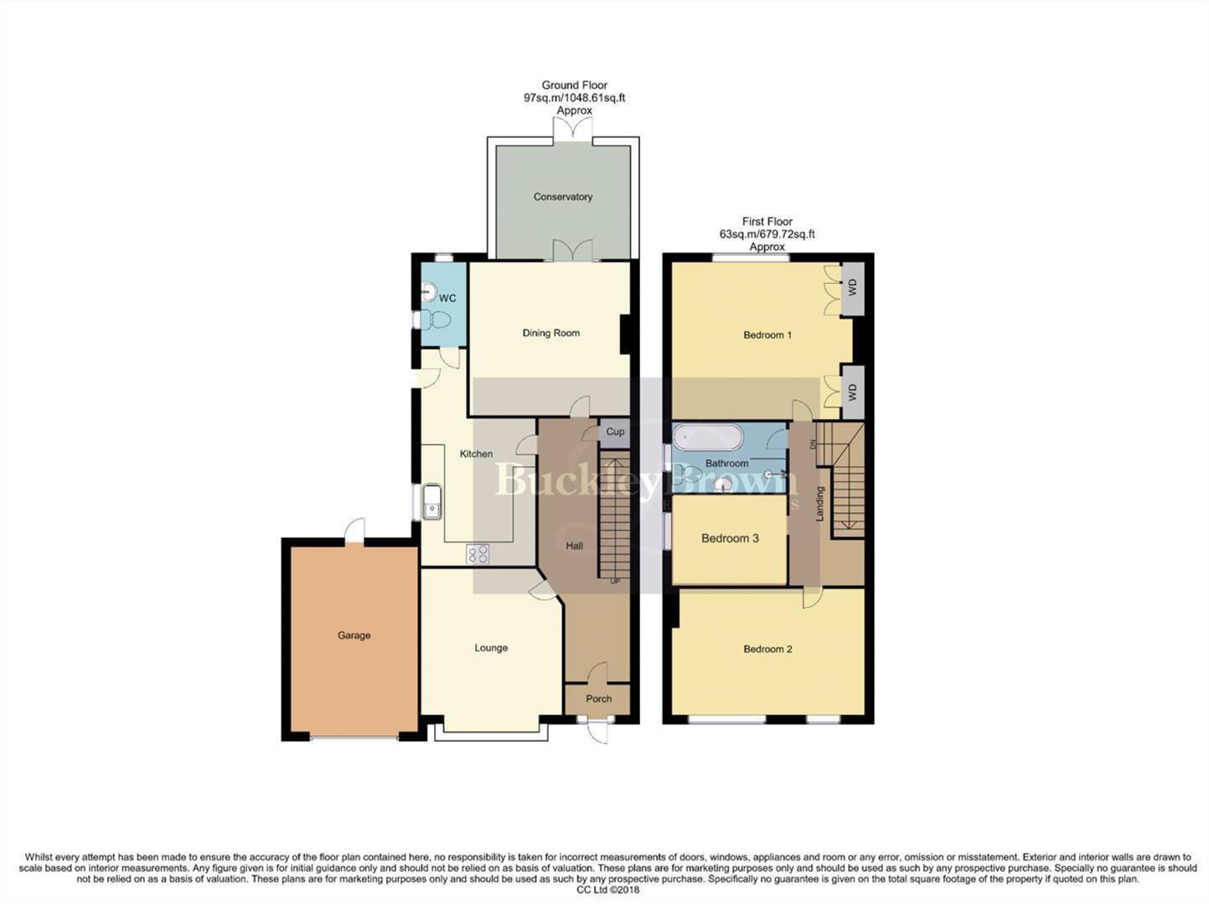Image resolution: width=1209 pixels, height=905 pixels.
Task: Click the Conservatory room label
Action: click(x=562, y=197)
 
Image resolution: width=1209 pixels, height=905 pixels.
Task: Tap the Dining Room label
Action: click(x=550, y=333)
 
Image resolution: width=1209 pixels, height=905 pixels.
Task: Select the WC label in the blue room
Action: click(x=447, y=298)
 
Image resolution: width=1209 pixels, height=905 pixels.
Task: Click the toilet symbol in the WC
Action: click(x=434, y=319)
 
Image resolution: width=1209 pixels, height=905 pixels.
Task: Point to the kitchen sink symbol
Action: click(x=431, y=502)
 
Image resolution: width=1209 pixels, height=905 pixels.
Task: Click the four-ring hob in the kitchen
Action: click(x=478, y=554)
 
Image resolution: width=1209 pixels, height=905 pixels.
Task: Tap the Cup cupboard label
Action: click(x=615, y=432)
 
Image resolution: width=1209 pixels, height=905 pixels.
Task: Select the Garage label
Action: click(x=354, y=635)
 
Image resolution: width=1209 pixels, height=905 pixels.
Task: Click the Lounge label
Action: click(x=491, y=648)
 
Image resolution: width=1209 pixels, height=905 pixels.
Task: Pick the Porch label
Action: click(x=598, y=699)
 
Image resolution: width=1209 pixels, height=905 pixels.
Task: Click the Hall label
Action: click(x=574, y=546)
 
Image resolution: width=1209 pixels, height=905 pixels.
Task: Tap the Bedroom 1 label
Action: click(x=767, y=335)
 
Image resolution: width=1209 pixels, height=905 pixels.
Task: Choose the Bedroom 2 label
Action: click(x=767, y=649)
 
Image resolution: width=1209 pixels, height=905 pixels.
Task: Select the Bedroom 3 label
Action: click(x=730, y=538)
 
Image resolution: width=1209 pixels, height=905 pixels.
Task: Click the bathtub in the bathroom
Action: click(x=708, y=438)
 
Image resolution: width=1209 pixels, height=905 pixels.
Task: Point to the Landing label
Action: click(x=820, y=504)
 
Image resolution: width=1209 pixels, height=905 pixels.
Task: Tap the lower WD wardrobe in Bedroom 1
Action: click(x=853, y=391)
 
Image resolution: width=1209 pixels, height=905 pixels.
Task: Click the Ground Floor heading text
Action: click(x=574, y=85)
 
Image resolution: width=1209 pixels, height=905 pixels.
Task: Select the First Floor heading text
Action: click(x=767, y=222)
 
